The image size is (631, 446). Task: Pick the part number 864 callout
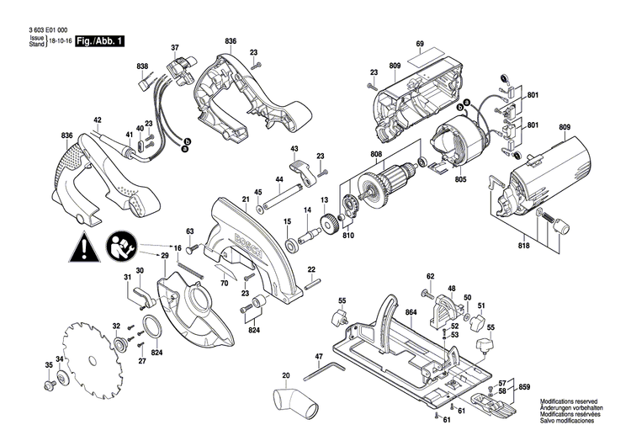[411, 312]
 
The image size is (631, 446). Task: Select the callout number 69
[418, 44]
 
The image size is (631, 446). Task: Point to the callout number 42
[98, 120]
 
